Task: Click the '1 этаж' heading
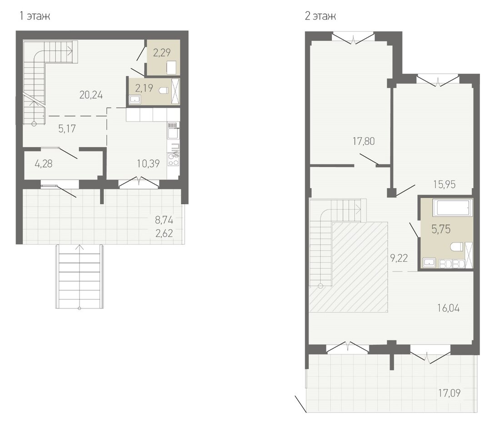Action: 35,16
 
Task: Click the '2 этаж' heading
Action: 320,16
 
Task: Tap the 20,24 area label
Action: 91,95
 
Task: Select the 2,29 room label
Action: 162,52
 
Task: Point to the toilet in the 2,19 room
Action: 163,90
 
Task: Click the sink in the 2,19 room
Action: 135,99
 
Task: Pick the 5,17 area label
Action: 67,129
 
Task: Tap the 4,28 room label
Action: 43,164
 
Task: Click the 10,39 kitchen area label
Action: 148,164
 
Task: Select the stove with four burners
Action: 174,160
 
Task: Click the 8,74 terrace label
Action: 164,220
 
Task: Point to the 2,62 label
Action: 164,233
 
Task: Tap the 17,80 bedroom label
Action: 364,141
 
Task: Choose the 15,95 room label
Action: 444,184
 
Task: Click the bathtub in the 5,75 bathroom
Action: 452,208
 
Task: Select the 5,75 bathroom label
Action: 441,229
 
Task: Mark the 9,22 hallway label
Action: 399,258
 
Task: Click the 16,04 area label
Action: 448,308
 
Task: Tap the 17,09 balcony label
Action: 449,393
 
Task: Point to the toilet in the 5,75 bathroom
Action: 457,247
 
